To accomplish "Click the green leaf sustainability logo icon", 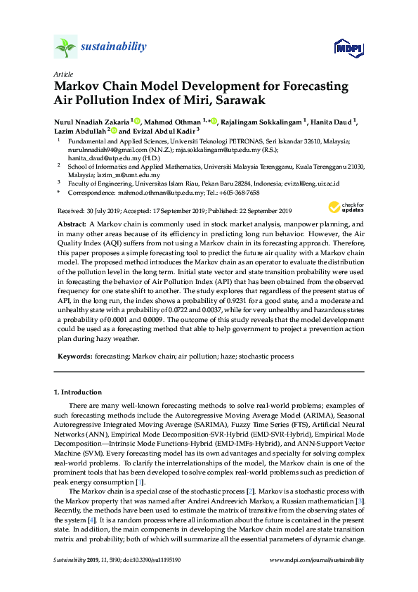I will tap(65, 47).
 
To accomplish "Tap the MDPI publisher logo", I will tap(348, 48).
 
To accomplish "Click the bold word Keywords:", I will tap(73, 357).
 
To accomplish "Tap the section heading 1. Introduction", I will tap(77, 391).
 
